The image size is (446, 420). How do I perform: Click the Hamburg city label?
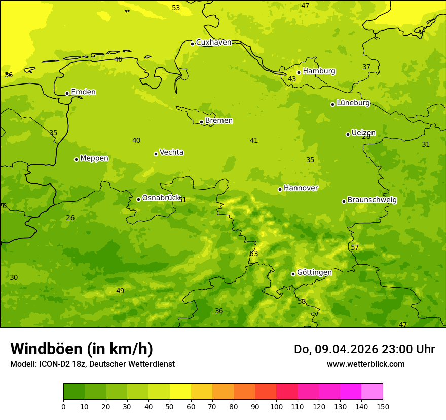tap(319, 71)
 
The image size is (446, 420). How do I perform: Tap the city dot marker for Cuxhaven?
tap(192, 44)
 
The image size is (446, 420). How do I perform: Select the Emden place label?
tap(83, 92)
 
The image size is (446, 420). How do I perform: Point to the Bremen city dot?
tap(201, 122)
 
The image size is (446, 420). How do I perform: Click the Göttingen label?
tap(314, 272)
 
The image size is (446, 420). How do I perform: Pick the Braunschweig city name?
tap(372, 200)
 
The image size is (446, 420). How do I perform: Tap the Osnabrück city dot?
tap(138, 199)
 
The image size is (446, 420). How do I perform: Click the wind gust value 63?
tap(254, 254)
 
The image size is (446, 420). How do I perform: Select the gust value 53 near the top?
tap(176, 8)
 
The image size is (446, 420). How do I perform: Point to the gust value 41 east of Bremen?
tap(254, 140)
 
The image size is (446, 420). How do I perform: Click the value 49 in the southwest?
tap(120, 291)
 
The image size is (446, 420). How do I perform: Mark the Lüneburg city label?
tap(353, 103)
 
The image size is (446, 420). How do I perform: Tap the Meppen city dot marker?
tap(76, 159)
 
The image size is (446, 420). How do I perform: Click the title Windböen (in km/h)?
tap(82, 349)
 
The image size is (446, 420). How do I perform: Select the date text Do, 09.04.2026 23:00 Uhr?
tap(364, 349)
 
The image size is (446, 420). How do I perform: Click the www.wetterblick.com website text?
tap(365, 364)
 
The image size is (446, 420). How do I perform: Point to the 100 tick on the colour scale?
tap(276, 406)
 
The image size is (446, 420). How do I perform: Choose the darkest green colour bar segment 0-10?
tap(74, 392)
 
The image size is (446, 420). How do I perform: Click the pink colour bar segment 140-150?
tap(372, 392)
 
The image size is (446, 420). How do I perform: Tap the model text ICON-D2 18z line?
tap(92, 364)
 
